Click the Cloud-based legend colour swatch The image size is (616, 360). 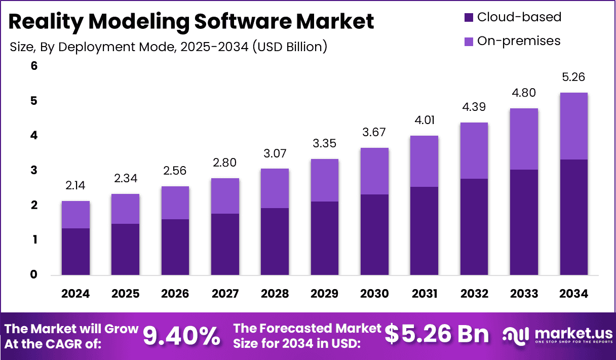point(469,17)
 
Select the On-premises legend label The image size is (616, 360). point(519,41)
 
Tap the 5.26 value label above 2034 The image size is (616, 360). point(573,77)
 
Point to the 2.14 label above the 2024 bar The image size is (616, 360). point(75,186)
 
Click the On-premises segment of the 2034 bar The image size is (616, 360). point(573,126)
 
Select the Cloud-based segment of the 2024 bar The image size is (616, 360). point(75,252)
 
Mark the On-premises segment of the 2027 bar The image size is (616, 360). point(225,196)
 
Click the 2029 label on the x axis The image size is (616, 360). point(325,294)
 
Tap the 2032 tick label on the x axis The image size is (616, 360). point(474,294)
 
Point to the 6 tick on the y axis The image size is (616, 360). point(34,66)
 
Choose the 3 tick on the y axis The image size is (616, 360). point(34,170)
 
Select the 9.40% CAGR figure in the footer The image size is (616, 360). point(181,335)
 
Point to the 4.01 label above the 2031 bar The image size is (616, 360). point(425,121)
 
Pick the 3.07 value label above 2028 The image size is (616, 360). point(275,153)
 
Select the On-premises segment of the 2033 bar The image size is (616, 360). point(524,139)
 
